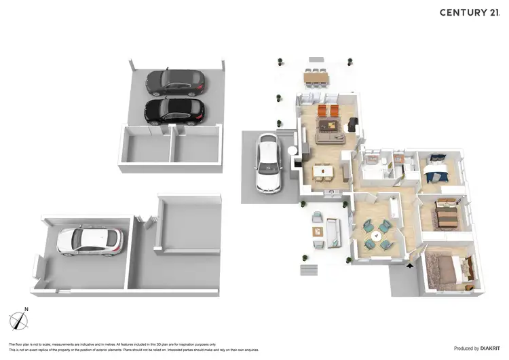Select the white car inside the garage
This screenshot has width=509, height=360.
pos(90,240)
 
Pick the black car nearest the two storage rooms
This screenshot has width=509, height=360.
pos(174,110)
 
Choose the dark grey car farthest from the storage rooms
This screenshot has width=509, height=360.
pos(175,82)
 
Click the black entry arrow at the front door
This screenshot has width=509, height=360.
pos(409,266)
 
